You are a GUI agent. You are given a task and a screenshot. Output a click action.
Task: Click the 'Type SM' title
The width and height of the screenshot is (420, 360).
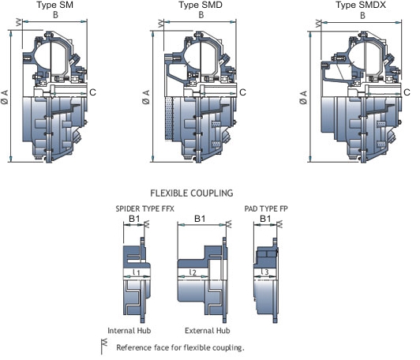[55, 5]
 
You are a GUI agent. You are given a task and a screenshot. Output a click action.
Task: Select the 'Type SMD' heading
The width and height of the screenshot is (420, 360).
[201, 5]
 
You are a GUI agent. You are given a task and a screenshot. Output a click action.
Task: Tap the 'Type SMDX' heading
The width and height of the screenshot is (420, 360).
[361, 5]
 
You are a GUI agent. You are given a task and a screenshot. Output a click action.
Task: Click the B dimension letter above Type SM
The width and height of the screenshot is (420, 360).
[55, 15]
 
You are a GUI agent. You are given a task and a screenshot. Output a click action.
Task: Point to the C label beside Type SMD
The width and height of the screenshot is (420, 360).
[242, 92]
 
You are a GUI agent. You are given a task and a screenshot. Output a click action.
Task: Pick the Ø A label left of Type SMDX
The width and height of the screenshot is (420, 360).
[303, 97]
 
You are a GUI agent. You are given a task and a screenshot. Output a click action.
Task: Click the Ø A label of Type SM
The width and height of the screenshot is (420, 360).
[5, 97]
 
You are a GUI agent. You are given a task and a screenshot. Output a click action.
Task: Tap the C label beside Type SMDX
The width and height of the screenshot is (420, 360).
[407, 92]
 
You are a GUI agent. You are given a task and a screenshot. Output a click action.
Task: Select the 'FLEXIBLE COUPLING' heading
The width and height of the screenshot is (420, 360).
[192, 193]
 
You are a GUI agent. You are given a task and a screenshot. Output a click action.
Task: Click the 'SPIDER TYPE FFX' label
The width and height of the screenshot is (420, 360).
[145, 208]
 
